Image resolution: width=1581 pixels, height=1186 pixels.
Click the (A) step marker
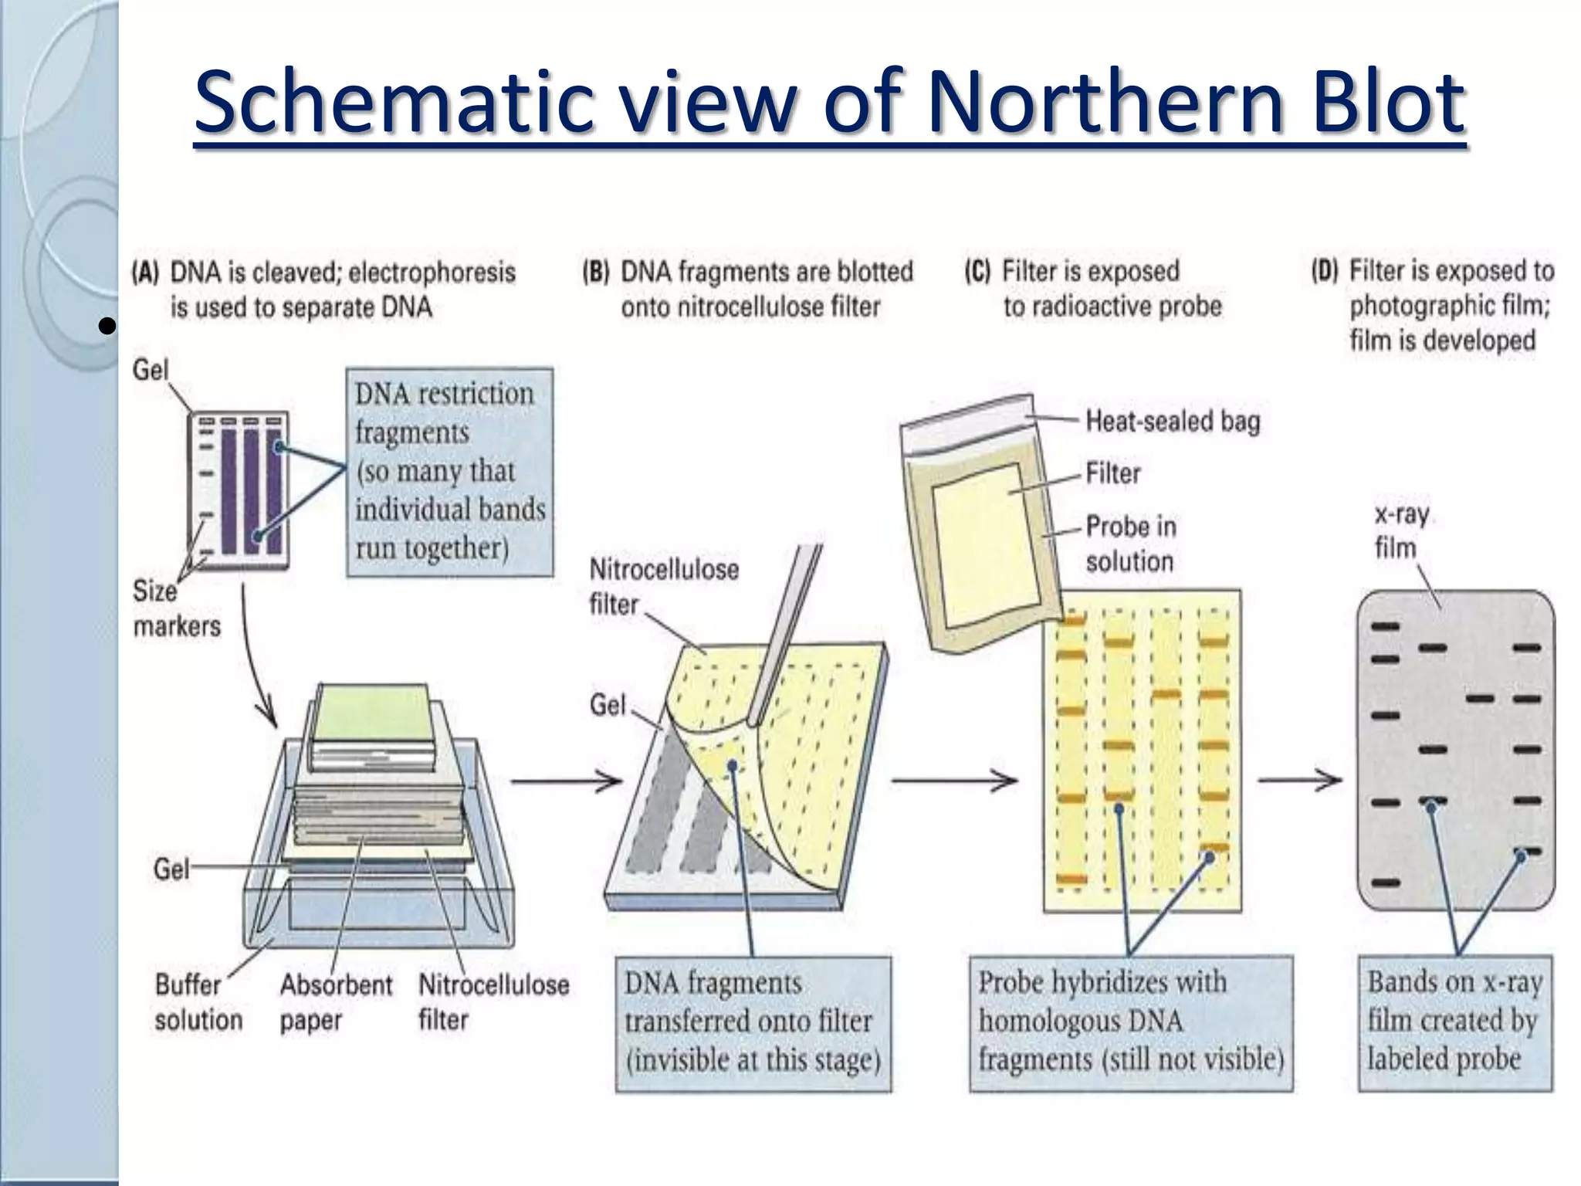pos(145,272)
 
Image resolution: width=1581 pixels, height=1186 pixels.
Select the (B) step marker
pos(595,272)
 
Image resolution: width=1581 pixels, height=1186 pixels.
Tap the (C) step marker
pos(977,271)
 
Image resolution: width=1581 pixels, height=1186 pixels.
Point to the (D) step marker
pos(1325,271)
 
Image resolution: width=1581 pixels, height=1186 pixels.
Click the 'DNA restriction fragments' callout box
pos(450,471)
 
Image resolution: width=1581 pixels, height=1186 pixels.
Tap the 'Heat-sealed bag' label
pos(1172,421)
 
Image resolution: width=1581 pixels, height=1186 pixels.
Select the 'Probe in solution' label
pos(1130,544)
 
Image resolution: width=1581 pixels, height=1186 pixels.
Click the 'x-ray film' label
pos(1400,530)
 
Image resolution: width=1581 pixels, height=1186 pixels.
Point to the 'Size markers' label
pos(176,608)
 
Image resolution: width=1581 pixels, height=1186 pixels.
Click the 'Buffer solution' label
pos(198,1001)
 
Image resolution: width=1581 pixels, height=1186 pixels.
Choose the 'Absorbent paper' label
pos(336,1001)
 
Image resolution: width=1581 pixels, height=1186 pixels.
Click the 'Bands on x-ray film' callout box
pos(1454,1022)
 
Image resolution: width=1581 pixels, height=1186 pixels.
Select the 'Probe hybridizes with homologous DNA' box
pos(1130,1022)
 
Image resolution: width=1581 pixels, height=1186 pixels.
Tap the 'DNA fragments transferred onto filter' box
pos(753,1022)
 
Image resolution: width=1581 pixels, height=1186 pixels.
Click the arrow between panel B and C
pos(954,781)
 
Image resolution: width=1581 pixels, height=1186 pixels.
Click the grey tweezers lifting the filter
pos(784,633)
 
